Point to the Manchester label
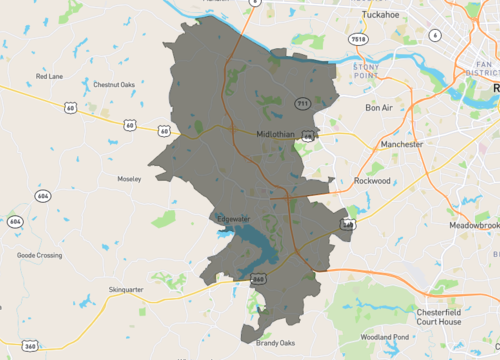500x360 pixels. tap(402, 144)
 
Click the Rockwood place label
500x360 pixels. tap(371, 181)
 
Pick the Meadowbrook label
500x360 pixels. tap(473, 226)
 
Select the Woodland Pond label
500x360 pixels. tap(385, 337)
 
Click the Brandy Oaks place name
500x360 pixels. tap(275, 343)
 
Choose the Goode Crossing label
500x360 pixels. tap(39, 255)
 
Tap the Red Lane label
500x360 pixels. tap(49, 76)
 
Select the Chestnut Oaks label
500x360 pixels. tap(113, 85)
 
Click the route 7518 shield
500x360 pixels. tap(358, 39)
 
